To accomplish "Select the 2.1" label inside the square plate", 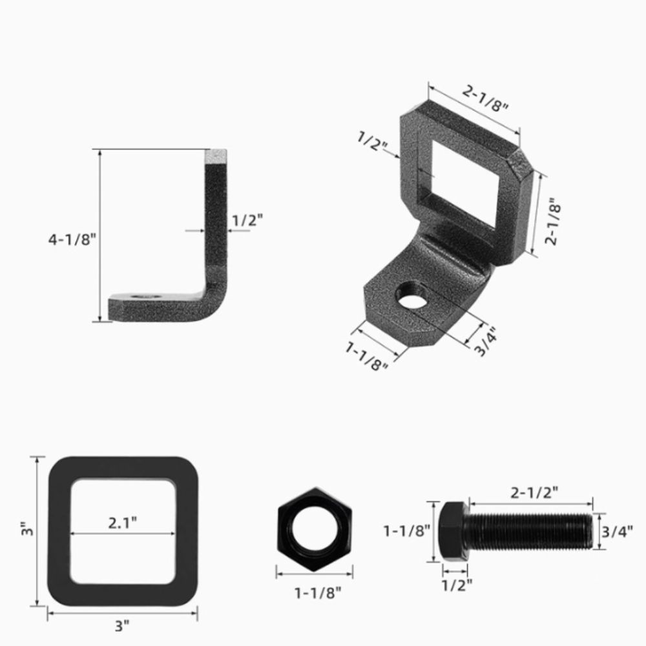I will point(123,523).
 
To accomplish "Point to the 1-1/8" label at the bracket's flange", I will point(367,357).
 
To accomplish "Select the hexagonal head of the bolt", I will point(453,530).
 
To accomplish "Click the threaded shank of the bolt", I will point(530,530).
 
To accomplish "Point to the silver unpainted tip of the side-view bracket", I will point(216,156).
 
